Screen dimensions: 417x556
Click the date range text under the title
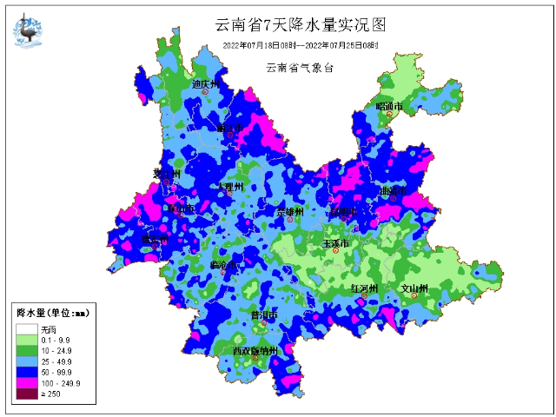pyautogui.click(x=300, y=44)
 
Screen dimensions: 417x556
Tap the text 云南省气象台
pyautogui.click(x=300, y=67)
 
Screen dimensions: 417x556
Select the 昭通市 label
pyautogui.click(x=390, y=106)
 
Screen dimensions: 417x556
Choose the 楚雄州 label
pyautogui.click(x=290, y=212)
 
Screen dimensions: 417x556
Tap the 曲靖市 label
pyautogui.click(x=392, y=189)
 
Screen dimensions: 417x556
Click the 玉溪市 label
pyautogui.click(x=336, y=244)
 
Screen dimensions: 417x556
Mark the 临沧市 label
pyautogui.click(x=225, y=264)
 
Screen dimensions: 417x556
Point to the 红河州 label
pyautogui.click(x=364, y=288)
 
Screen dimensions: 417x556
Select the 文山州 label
pyautogui.click(x=414, y=288)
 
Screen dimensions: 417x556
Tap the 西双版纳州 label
pyautogui.click(x=255, y=351)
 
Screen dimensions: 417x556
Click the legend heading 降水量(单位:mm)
pyautogui.click(x=52, y=311)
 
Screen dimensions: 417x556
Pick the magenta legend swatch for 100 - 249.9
pyautogui.click(x=26, y=382)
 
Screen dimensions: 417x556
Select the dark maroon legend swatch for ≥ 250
pyautogui.click(x=26, y=394)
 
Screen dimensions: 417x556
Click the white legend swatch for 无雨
pyautogui.click(x=26, y=329)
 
